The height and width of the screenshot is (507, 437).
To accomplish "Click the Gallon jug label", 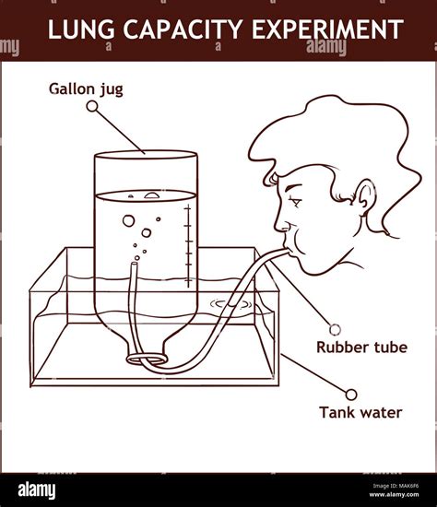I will pos(84,89).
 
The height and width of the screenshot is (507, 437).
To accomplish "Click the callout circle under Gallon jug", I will pos(91,107).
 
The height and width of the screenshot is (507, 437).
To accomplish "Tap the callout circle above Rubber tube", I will pos(336,328).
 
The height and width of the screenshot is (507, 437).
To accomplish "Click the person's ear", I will pos(366,201).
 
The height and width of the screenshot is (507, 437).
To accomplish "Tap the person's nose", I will pos(278,224).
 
